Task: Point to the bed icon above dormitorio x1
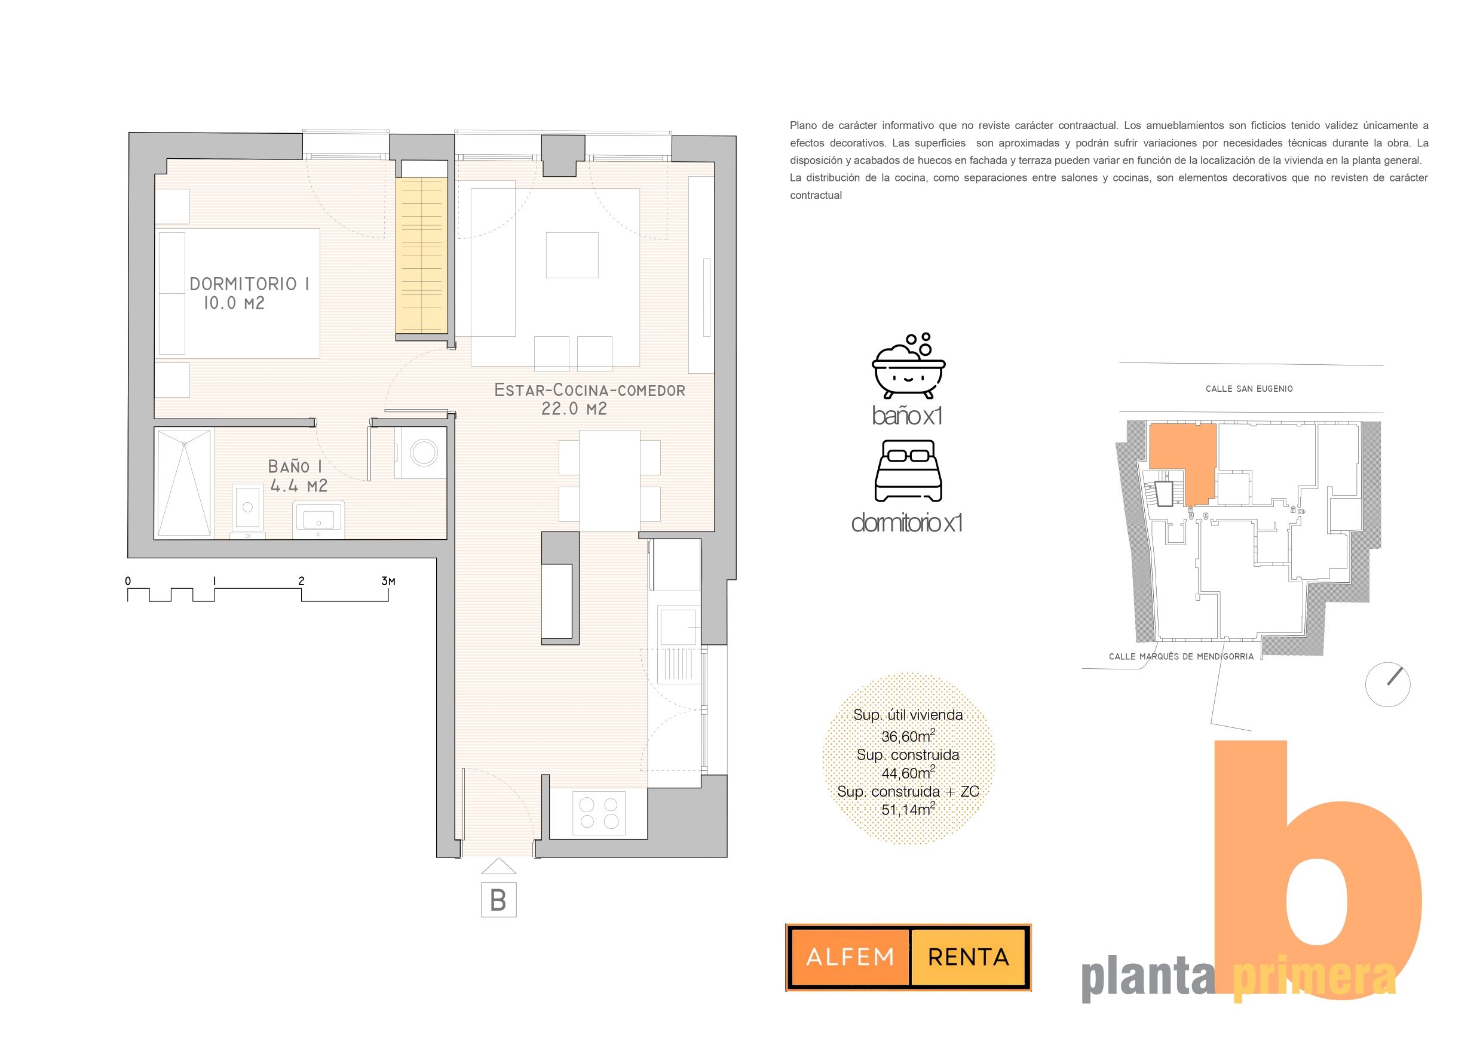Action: (908, 471)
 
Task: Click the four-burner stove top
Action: (599, 813)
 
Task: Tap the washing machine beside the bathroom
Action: (420, 453)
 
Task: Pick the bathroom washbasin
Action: (318, 519)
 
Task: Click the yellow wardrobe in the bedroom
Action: (422, 256)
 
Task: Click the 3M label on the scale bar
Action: (388, 581)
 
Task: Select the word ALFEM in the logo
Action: (850, 957)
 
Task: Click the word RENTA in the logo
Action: (968, 957)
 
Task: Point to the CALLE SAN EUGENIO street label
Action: (1249, 389)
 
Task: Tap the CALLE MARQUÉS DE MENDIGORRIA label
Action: (1181, 657)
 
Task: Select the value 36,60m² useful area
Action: (908, 736)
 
